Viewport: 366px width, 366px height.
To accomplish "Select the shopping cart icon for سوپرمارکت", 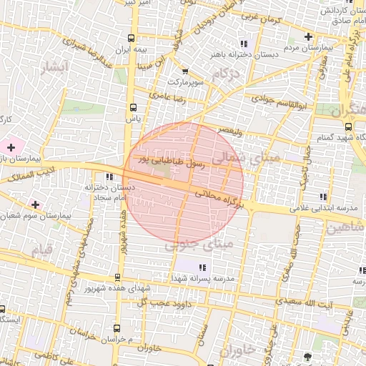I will pos(186,71).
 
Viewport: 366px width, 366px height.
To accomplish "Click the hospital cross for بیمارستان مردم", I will pos(308,36).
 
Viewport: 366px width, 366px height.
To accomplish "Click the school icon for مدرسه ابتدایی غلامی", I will pos(324,197).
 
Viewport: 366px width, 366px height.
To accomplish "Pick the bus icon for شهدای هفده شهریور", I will pos(117,277).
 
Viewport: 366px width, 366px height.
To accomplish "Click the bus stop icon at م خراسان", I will pos(116,327).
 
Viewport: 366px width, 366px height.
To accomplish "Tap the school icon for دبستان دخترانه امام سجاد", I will pos(109,177).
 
